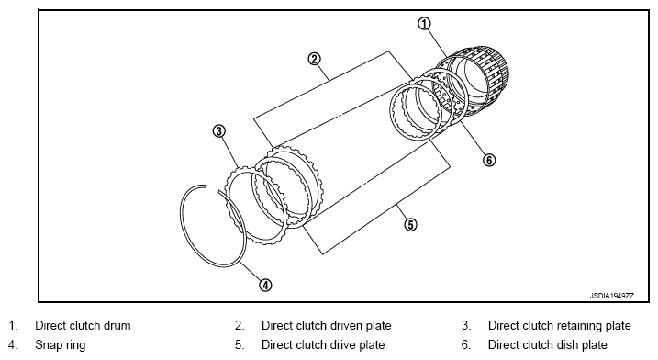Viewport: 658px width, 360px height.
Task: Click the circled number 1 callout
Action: coord(424,24)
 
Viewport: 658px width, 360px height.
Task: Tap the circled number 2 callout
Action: coord(314,59)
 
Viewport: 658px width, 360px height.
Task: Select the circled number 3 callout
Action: coord(218,131)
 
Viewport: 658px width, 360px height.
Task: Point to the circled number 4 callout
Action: coord(265,286)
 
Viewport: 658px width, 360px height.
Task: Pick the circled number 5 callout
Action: coord(410,225)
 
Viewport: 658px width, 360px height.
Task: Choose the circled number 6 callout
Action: coord(489,160)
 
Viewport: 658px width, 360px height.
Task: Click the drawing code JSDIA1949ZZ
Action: coord(612,296)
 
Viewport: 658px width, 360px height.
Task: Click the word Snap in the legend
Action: coord(48,345)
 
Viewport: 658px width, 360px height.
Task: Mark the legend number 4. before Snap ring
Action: coord(13,345)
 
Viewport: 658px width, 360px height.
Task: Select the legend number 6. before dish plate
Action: coord(466,345)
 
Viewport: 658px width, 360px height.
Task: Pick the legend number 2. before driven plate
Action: coord(240,325)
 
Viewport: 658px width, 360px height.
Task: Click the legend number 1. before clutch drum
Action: coord(13,325)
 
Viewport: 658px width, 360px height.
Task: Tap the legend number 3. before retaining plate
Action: coord(466,325)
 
